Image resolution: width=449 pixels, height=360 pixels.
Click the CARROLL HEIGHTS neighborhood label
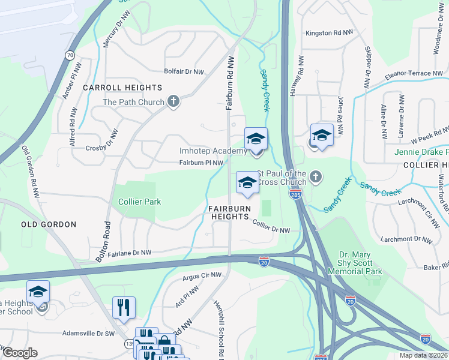click(x=122, y=88)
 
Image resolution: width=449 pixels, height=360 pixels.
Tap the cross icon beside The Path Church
click(x=173, y=101)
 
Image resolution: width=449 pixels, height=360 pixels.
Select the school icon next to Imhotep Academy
click(x=256, y=139)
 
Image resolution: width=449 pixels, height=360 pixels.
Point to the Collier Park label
click(x=139, y=202)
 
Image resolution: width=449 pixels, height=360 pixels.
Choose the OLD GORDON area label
click(x=49, y=224)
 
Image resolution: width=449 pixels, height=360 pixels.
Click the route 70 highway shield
click(x=70, y=55)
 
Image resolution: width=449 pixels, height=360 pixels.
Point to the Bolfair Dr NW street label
click(x=184, y=71)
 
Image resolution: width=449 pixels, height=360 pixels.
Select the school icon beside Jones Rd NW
click(x=322, y=135)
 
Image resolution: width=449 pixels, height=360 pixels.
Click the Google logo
click(x=20, y=352)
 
